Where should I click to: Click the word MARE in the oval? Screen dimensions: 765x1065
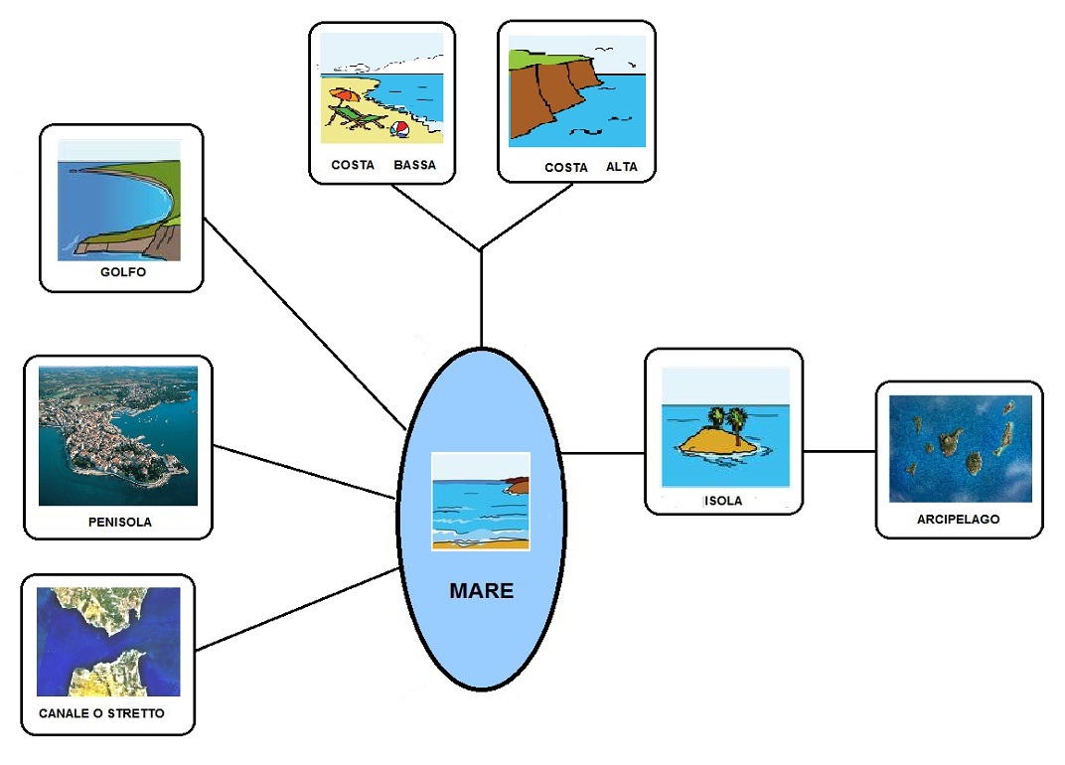(481, 591)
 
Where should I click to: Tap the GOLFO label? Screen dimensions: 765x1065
(123, 272)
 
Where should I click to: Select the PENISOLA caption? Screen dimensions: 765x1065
(119, 522)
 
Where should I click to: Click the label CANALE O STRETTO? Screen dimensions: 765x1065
(101, 713)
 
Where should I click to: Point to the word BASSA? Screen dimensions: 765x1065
(414, 165)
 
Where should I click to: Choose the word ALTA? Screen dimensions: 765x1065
(621, 167)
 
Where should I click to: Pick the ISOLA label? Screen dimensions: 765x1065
(722, 501)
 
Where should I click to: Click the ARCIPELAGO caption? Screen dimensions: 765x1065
(958, 520)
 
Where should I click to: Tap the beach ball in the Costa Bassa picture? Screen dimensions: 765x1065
(399, 130)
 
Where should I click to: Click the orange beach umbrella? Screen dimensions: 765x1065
(344, 96)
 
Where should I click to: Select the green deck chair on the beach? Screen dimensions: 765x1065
(364, 118)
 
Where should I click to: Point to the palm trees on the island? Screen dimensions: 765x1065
(727, 417)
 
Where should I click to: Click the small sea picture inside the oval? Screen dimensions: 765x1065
(481, 501)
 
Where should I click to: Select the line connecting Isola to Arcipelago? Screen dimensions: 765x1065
(838, 452)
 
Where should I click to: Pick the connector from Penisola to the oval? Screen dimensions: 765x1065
(303, 472)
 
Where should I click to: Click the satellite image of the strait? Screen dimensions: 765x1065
(108, 641)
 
